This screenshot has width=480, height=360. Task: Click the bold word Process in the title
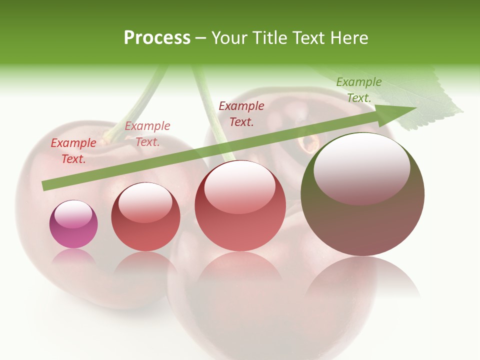point(157,38)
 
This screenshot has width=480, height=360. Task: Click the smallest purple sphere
point(73,224)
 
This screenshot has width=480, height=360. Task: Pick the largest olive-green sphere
point(362,194)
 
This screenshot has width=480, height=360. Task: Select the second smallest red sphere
point(145,217)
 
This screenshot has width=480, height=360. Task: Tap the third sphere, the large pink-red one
point(240,205)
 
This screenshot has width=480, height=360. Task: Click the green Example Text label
point(359,90)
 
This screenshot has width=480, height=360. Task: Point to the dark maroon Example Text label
point(241,113)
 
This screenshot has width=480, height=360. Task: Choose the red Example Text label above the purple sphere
point(73,150)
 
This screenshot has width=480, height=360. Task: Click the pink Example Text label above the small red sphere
point(147,133)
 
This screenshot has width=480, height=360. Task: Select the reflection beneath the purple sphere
point(73,257)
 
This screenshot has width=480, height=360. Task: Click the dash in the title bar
point(201,38)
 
